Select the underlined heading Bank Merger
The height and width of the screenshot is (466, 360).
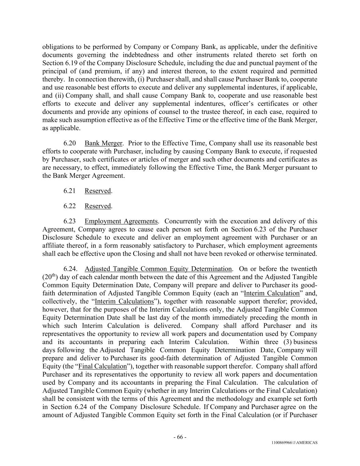pos(103,143)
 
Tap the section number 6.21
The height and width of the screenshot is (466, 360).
pos(69,191)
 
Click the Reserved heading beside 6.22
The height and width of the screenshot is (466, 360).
pos(98,206)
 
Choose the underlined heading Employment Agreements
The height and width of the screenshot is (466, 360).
pos(121,221)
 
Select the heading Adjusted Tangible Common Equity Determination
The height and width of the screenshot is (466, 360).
pos(158,269)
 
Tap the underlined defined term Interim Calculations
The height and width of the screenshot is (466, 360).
pos(124,301)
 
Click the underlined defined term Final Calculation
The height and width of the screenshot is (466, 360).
pos(102,366)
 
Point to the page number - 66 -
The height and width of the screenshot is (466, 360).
pos(180,437)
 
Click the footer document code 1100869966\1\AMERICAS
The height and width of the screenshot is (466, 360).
pos(294,443)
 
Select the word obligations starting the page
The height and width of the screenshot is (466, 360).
pos(58,47)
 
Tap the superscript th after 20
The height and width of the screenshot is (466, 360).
pos(54,275)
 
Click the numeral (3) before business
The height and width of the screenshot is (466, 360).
pos(288,342)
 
